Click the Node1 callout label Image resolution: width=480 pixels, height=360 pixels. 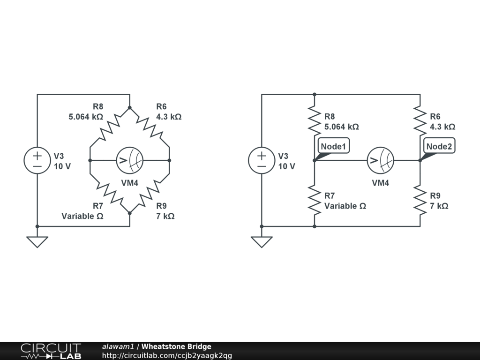pyautogui.click(x=333, y=147)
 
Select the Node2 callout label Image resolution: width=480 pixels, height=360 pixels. pyautogui.click(x=439, y=147)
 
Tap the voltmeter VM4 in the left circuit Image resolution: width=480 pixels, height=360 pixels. pyautogui.click(x=130, y=160)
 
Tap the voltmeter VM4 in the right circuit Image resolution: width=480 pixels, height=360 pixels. pyautogui.click(x=380, y=160)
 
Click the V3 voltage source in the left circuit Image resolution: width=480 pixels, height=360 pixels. pyautogui.click(x=37, y=160)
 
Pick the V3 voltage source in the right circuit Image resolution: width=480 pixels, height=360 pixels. pyautogui.click(x=262, y=160)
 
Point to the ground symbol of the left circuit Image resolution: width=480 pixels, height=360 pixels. pyautogui.click(x=37, y=241)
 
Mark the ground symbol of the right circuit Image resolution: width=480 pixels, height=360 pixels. pyautogui.click(x=262, y=241)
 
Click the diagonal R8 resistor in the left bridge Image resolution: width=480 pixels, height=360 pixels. pyautogui.click(x=110, y=127)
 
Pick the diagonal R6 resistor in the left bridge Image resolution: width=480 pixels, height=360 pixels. pyautogui.click(x=150, y=127)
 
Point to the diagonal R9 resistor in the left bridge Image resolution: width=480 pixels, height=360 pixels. pyautogui.click(x=150, y=193)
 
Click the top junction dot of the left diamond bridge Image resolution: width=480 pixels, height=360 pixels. pyautogui.click(x=130, y=107)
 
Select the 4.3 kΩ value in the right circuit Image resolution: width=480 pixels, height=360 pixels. pyautogui.click(x=442, y=127)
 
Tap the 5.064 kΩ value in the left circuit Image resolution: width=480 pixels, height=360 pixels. pyautogui.click(x=86, y=116)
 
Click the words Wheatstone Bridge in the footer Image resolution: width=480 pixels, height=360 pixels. pyautogui.click(x=176, y=346)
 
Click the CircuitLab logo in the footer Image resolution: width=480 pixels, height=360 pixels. pyautogui.click(x=51, y=351)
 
